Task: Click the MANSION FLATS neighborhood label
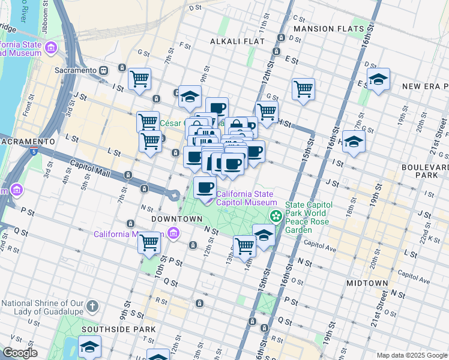(x=328, y=28)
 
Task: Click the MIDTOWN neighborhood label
(x=367, y=283)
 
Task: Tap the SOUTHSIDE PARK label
(x=118, y=329)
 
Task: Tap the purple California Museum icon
(x=173, y=233)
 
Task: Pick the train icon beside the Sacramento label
(x=104, y=70)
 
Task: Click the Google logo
(x=20, y=353)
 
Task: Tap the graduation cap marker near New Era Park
(x=378, y=79)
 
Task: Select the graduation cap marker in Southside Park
(x=89, y=347)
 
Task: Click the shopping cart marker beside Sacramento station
(x=139, y=78)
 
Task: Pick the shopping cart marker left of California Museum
(x=149, y=243)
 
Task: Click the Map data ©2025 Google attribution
(x=411, y=355)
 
